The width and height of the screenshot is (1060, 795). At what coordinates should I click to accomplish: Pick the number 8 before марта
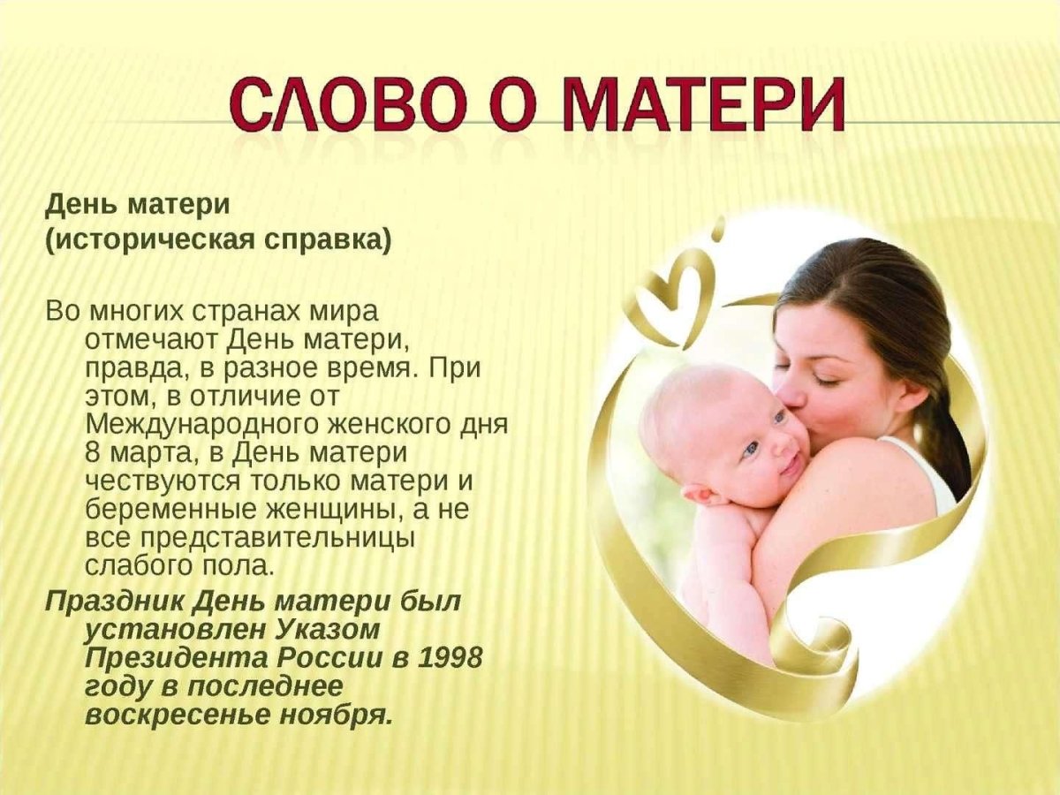click(95, 453)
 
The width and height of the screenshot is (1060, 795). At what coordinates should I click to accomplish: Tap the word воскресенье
click(163, 714)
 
